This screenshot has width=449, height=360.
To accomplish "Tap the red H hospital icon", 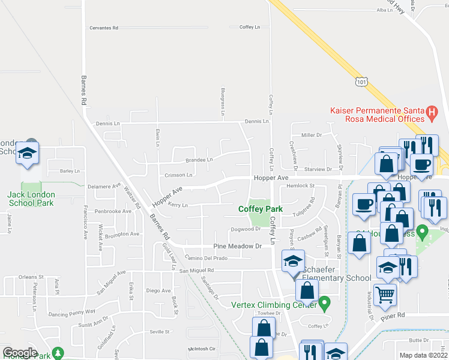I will [430, 112].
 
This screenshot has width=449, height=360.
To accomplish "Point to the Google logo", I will [20, 353].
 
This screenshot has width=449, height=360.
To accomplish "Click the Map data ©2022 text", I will [424, 355].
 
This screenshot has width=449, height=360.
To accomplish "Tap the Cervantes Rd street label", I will [104, 28].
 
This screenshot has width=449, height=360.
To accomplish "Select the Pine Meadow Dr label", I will [238, 247].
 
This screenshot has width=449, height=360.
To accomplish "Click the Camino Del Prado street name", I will [204, 258].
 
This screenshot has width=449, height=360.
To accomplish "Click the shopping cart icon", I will [385, 293].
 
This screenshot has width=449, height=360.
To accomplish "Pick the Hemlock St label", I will [301, 186].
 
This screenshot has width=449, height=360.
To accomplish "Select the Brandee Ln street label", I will [199, 160].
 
